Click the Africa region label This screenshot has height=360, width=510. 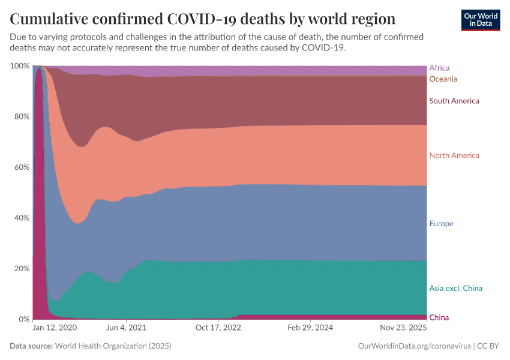click(439, 68)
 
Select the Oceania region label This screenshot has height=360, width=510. click(443, 79)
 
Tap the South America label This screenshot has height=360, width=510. click(454, 101)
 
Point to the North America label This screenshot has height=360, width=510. click(454, 155)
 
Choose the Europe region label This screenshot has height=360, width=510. click(441, 224)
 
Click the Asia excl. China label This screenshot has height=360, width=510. click(455, 288)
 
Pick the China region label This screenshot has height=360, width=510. click(439, 317)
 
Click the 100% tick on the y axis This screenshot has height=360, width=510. click(20, 65)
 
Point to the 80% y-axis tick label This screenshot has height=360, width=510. click(21, 116)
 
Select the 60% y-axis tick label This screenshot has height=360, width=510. click(21, 167)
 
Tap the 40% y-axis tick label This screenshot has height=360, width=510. click(21, 218)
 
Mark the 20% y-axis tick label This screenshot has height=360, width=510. click(21, 268)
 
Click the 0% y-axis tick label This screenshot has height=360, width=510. click(23, 319)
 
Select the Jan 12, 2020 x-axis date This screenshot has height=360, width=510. click(55, 328)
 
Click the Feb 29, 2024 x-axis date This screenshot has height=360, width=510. click(310, 328)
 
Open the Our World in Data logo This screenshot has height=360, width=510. click(480, 20)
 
